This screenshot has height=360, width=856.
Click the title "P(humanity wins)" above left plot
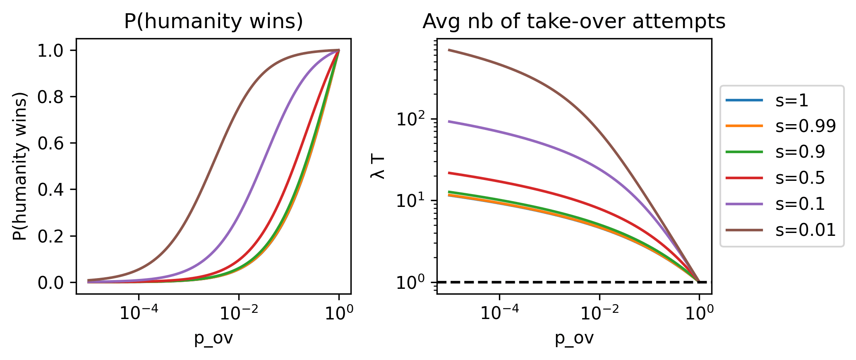[213, 22]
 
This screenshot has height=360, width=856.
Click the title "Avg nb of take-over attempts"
[574, 22]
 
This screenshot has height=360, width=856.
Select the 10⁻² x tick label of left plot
[239, 313]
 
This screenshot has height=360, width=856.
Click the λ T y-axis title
[378, 167]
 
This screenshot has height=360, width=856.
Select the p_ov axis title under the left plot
[213, 338]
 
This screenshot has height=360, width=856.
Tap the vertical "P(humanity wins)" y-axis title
[19, 166]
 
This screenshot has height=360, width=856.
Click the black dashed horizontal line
[538, 282]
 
